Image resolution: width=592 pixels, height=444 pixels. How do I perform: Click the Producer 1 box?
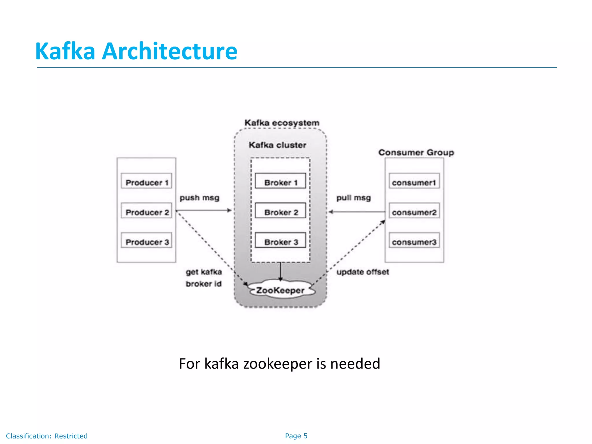coord(146,181)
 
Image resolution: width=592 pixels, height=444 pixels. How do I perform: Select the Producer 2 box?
coord(146,211)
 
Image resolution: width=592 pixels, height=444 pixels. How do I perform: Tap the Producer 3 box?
coord(146,240)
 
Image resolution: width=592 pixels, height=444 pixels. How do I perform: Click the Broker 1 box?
coord(280,181)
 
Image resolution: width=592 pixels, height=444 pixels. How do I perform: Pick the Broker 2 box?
coord(280,211)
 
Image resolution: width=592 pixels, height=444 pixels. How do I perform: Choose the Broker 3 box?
coord(280,240)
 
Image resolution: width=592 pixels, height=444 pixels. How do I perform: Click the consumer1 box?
coord(414,181)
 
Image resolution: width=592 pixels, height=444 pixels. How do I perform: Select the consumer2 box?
coord(414,211)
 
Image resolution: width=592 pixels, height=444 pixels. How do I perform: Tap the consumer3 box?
coord(414,240)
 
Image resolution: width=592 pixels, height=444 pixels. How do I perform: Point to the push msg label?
coord(199,198)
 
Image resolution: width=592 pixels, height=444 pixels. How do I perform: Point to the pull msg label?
coord(353,198)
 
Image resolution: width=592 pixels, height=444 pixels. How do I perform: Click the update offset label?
coord(362,272)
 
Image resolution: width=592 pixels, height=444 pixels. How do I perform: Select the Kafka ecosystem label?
coord(282,123)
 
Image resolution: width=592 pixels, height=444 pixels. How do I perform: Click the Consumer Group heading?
coord(416,152)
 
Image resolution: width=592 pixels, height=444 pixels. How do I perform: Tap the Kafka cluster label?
coord(277,145)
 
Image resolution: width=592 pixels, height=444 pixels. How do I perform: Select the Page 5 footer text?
coord(296,436)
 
